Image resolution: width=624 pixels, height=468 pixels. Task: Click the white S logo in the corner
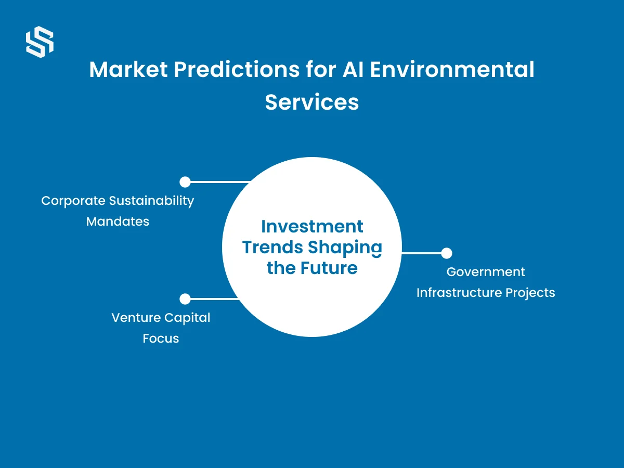[40, 42]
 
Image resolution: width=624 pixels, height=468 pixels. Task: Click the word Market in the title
[128, 69]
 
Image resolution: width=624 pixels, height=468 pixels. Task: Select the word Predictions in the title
[237, 69]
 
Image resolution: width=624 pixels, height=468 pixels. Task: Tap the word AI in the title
[353, 69]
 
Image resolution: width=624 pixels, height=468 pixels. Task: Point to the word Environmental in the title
[452, 69]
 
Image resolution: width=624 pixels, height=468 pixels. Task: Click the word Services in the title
[312, 102]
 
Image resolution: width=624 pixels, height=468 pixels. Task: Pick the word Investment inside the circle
[312, 227]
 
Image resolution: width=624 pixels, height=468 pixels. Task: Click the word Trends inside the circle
[272, 247]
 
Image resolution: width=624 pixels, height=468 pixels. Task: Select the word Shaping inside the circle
[345, 248]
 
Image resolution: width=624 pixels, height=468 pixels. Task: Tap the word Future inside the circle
[329, 268]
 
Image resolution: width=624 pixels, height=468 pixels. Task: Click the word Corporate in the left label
[73, 201]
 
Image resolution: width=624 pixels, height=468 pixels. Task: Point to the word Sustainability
[151, 201]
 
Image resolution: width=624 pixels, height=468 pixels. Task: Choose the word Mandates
[118, 222]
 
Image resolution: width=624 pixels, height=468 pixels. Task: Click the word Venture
[136, 318]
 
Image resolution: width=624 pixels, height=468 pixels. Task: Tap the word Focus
[161, 339]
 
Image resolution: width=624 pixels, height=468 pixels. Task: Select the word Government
[486, 272]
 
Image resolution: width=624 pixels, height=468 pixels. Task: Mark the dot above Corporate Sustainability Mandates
[185, 182]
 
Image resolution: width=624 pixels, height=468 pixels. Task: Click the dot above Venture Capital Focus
[185, 299]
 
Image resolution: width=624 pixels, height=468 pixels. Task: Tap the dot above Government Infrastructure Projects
[447, 253]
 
